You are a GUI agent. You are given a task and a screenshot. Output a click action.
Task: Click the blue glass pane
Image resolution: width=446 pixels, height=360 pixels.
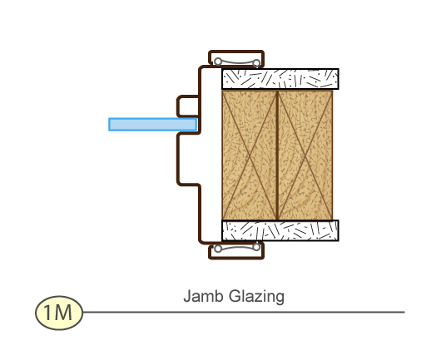(x=153, y=125)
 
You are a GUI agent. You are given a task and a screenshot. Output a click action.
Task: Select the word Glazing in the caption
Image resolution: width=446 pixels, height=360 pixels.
(x=256, y=297)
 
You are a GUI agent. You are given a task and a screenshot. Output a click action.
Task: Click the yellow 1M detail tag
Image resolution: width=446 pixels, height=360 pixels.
(x=59, y=313)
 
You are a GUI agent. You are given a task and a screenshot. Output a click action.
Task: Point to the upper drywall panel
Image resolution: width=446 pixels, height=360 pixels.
(x=280, y=79)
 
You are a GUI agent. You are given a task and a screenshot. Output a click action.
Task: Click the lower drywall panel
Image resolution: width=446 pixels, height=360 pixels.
(x=280, y=230)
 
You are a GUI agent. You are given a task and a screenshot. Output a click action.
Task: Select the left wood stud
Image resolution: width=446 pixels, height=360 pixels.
(x=250, y=155)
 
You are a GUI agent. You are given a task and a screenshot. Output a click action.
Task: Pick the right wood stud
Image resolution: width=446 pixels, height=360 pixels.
(x=305, y=155)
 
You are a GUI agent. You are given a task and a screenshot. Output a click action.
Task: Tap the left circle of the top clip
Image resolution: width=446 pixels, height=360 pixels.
(x=218, y=62)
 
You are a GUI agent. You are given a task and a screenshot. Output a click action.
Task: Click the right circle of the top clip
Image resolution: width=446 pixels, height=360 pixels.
(x=256, y=63)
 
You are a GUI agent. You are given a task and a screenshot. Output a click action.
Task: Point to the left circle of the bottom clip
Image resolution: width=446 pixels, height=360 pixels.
(x=218, y=249)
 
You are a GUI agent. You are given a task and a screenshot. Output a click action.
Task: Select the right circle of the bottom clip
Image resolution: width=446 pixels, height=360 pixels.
(x=256, y=247)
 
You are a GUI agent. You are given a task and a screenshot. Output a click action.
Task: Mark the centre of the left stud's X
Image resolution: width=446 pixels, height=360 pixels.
(x=250, y=155)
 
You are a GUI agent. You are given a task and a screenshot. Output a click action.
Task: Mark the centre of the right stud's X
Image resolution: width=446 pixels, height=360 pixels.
(x=305, y=155)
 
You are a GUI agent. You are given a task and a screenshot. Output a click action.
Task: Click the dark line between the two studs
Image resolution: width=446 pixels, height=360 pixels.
(x=277, y=155)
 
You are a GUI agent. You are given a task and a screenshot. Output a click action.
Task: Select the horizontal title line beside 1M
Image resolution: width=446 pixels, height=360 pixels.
(x=244, y=312)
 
